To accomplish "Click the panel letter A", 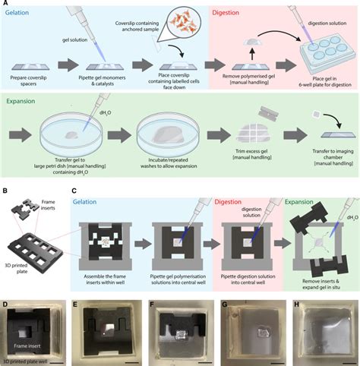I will pos(5,5).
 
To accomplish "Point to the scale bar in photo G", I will pos(273,352).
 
